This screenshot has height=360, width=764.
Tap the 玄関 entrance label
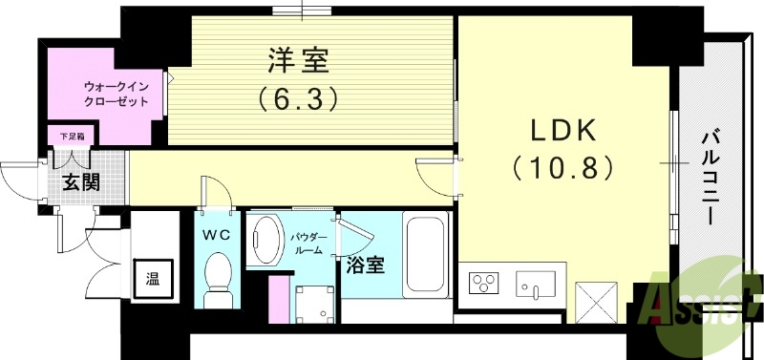point(81,182)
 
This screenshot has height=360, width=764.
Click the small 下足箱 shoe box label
point(72,137)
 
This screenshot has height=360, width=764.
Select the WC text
point(215,233)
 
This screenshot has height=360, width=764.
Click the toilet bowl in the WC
point(220,272)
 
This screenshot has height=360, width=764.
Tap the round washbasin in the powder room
point(266,240)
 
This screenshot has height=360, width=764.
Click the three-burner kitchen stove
point(484,284)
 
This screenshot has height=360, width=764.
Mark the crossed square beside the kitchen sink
point(598,303)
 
